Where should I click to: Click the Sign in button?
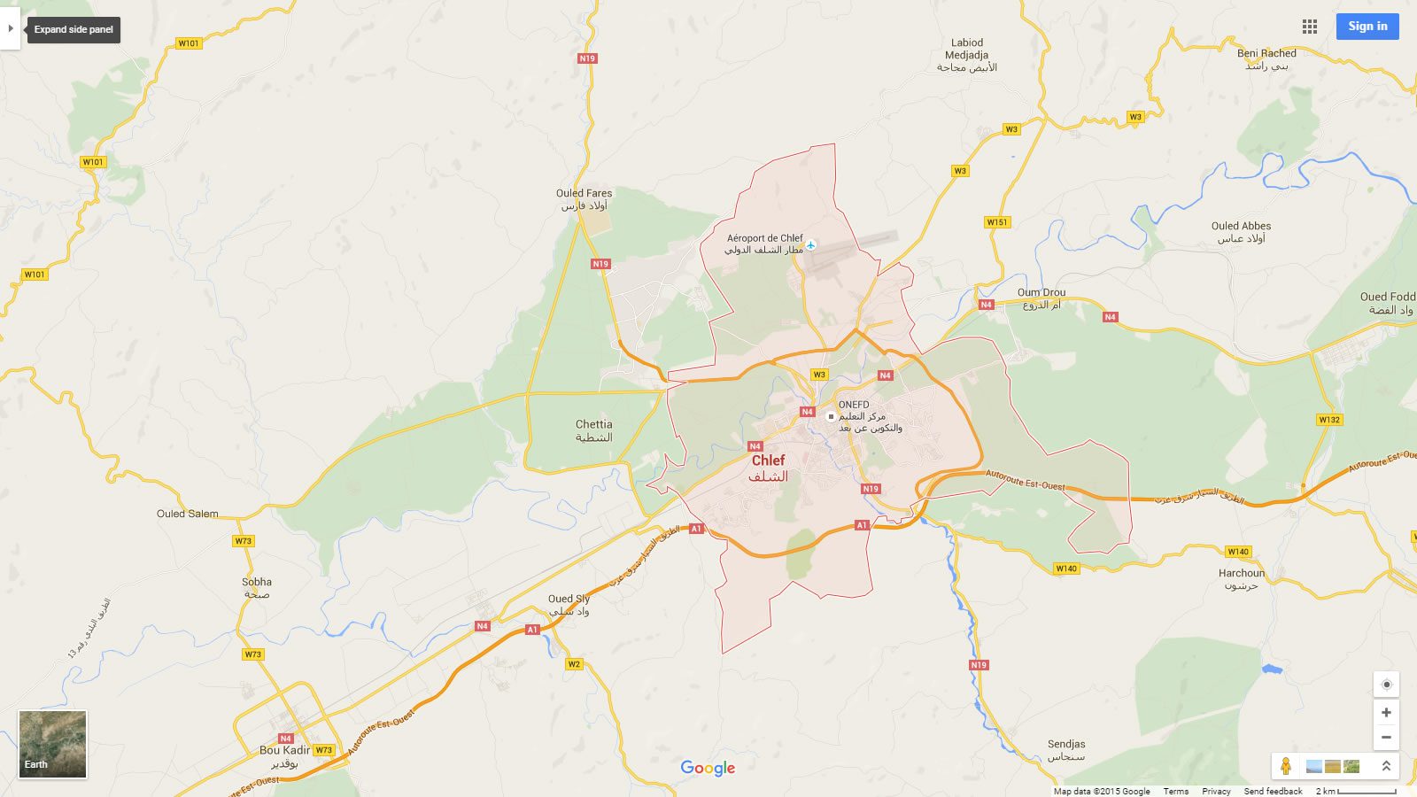(x=1367, y=27)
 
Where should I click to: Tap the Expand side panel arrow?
(x=10, y=29)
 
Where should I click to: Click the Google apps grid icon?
(x=1310, y=27)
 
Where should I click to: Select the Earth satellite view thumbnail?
(x=53, y=744)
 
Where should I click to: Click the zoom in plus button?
(x=1386, y=712)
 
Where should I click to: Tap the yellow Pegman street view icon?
(x=1286, y=766)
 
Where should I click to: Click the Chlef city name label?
(x=768, y=460)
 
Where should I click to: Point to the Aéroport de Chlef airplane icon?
(x=810, y=244)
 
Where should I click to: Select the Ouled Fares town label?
(x=584, y=193)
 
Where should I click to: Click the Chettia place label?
(x=593, y=424)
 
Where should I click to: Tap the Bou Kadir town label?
(x=284, y=750)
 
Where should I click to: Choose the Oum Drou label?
(x=1041, y=292)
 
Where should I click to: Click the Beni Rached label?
(x=1266, y=53)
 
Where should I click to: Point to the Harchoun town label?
(x=1242, y=573)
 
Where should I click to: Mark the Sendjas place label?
(x=1066, y=744)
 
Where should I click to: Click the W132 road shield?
(x=1329, y=420)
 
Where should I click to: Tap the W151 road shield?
(x=997, y=222)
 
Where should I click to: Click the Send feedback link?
(x=1273, y=791)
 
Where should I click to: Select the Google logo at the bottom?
(x=708, y=768)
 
